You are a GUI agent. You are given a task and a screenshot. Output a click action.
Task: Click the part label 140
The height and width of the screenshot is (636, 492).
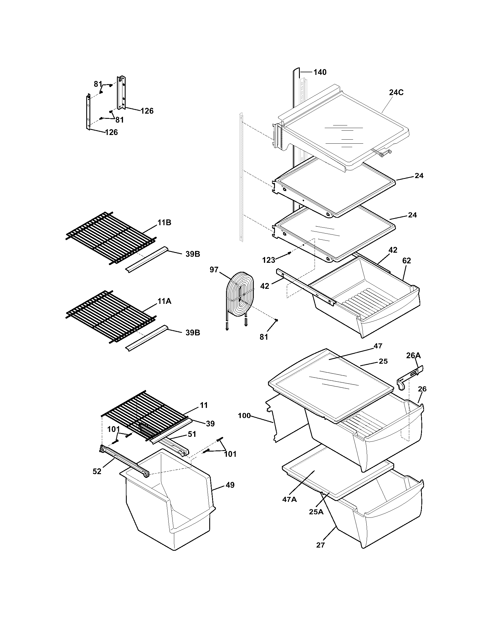320,72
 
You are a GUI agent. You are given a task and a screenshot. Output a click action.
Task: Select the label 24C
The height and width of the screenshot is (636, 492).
396,93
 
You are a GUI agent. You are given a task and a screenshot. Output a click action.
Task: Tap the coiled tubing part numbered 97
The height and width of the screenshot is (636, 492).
240,295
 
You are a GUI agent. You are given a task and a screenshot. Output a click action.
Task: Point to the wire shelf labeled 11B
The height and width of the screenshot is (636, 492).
111,236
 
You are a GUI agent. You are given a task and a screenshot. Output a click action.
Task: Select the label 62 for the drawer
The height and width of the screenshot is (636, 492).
406,261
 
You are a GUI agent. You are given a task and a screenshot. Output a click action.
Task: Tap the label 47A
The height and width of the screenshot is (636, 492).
289,500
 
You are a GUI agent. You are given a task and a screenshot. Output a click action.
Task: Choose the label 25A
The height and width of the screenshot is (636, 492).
316,512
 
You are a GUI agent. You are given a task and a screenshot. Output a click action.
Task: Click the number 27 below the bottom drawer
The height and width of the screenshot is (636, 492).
320,545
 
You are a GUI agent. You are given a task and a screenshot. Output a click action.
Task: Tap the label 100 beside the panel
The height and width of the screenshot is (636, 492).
244,415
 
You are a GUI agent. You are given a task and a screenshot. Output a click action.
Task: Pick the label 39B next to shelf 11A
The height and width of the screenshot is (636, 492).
193,332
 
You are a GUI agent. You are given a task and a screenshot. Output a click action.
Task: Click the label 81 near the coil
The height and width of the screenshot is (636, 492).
264,337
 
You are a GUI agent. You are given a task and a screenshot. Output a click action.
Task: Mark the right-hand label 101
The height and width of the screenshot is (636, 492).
230,454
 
